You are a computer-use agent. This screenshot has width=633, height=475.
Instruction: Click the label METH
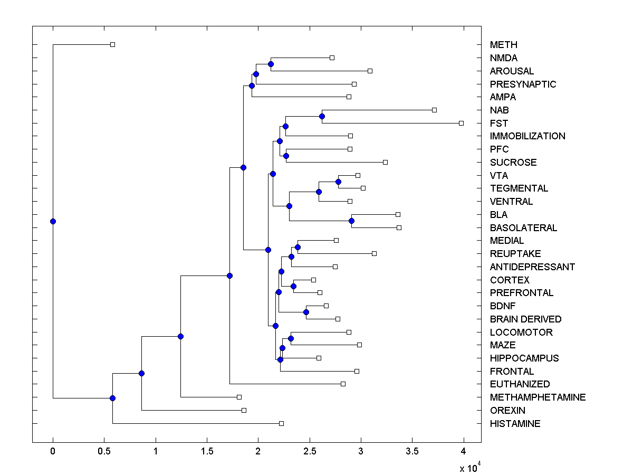pyautogui.click(x=503, y=45)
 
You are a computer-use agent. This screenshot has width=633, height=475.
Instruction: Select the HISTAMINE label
pyautogui.click(x=515, y=424)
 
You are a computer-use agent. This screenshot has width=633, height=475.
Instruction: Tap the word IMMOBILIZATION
pyautogui.click(x=527, y=136)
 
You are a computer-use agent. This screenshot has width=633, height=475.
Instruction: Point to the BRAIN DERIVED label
pyautogui.click(x=525, y=319)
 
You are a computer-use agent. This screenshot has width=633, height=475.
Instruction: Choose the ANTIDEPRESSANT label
pyautogui.click(x=532, y=267)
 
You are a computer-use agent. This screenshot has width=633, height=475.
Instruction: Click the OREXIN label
pyautogui.click(x=507, y=411)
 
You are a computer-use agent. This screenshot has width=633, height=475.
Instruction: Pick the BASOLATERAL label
pyautogui.click(x=523, y=228)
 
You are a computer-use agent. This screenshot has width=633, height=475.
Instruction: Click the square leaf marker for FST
pyautogui.click(x=461, y=123)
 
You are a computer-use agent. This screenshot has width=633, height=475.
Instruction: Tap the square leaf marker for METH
pyautogui.click(x=112, y=45)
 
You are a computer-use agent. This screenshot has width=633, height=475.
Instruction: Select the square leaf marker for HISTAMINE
pyautogui.click(x=281, y=423)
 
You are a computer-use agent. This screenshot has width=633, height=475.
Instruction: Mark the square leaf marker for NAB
pyautogui.click(x=434, y=110)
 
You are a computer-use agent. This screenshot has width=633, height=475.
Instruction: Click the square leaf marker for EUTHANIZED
pyautogui.click(x=343, y=384)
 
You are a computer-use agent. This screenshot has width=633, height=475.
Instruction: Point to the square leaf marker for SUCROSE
pyautogui.click(x=385, y=162)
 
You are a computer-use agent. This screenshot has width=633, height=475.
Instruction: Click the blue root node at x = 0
pyautogui.click(x=53, y=221)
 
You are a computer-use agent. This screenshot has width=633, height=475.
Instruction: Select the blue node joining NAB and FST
pyautogui.click(x=322, y=116)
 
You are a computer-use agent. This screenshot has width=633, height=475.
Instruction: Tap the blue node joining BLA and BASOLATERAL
pyautogui.click(x=351, y=221)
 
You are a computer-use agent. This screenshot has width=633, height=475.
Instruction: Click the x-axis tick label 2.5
pyautogui.click(x=309, y=451)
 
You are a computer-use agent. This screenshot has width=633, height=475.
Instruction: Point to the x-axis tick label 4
pyautogui.click(x=464, y=451)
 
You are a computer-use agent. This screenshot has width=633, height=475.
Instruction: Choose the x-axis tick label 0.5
pyautogui.click(x=104, y=451)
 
